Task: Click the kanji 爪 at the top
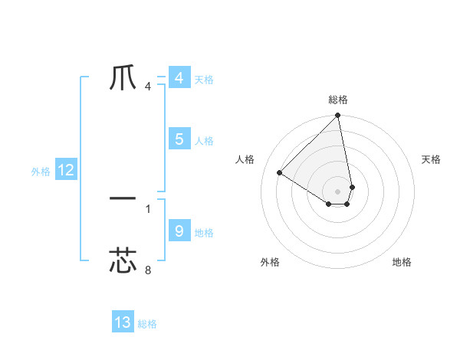[x=123, y=77]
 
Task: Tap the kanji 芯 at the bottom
[x=123, y=260]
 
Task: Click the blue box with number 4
[x=179, y=78]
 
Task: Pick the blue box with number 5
[x=179, y=139]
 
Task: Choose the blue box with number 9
[x=179, y=231]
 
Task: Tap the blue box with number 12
[x=66, y=170]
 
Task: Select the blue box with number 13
[x=123, y=322]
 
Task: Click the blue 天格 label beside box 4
[x=204, y=80]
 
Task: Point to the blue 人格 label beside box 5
[x=204, y=141]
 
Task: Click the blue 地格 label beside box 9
[x=204, y=233]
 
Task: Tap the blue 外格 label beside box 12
[x=41, y=172]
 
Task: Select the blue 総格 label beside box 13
[x=147, y=324]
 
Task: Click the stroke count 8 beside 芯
[x=148, y=270]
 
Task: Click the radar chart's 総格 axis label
[x=338, y=100]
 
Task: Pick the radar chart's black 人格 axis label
[x=245, y=159]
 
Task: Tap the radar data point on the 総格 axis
[x=338, y=116]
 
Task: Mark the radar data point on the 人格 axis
[x=280, y=172]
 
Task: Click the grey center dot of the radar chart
[x=338, y=191]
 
